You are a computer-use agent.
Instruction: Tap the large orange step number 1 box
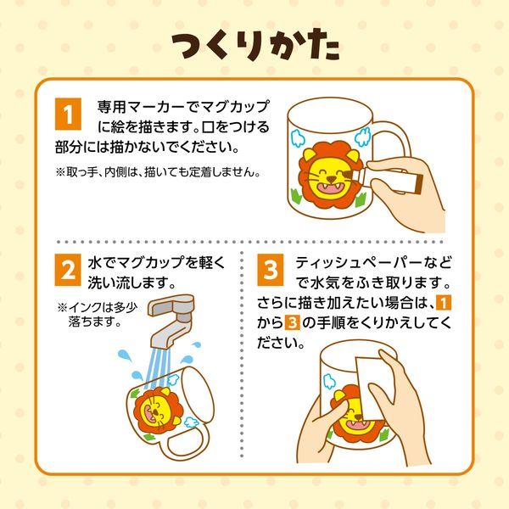(x=68, y=114)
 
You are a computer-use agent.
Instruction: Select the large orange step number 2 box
(x=68, y=270)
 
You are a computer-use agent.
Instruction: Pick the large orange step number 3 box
(x=271, y=270)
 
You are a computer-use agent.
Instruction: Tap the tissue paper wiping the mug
(x=375, y=388)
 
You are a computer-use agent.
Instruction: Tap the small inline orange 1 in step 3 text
(x=443, y=303)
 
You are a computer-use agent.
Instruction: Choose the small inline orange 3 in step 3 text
(x=292, y=322)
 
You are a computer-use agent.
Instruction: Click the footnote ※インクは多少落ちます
(x=98, y=314)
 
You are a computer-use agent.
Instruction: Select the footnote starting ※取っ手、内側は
(x=159, y=171)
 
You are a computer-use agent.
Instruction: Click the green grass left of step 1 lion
(x=296, y=196)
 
